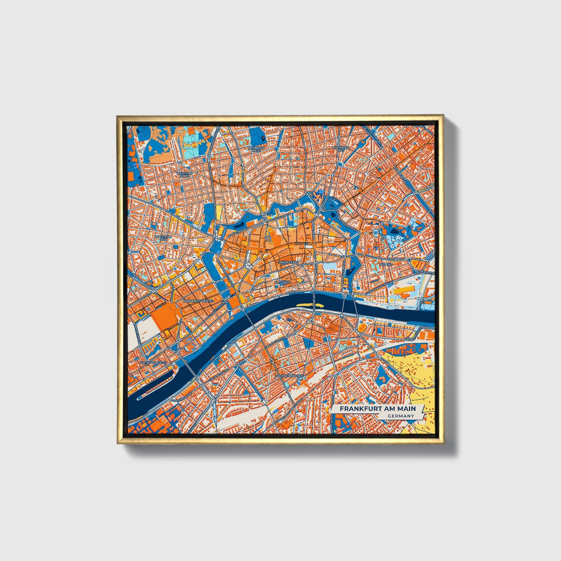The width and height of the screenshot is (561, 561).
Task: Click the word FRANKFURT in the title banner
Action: (359, 409)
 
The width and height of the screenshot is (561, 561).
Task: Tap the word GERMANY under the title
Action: (401, 416)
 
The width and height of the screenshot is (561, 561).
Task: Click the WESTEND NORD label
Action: (184, 174)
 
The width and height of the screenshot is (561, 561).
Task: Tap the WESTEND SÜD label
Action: (163, 238)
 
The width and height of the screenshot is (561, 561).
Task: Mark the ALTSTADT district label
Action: (282, 282)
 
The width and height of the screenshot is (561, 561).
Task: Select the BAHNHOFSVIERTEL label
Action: (198, 301)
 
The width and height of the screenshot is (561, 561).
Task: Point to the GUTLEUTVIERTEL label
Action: (143, 362)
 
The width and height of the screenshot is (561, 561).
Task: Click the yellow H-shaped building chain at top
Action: (194, 144)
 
